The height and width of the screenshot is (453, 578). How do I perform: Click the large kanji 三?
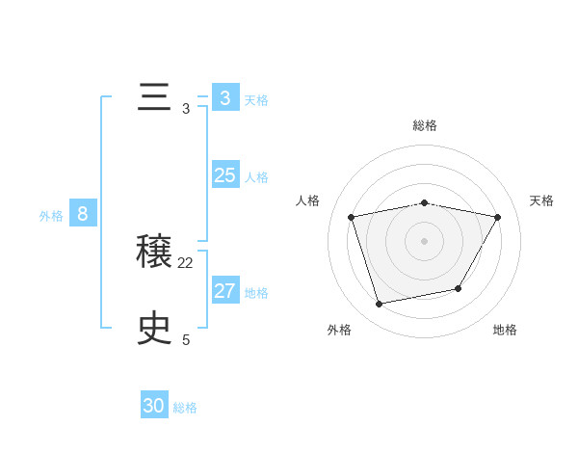tap(155, 98)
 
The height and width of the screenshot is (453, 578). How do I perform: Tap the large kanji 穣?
tap(155, 253)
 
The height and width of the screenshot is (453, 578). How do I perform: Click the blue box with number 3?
tap(224, 98)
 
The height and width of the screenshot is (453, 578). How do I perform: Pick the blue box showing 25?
tap(224, 175)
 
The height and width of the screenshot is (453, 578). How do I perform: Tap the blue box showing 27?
tap(224, 291)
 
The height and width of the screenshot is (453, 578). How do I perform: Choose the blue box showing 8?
tap(83, 214)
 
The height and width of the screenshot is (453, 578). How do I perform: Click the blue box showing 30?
tap(154, 406)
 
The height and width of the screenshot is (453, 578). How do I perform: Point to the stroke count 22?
tap(186, 262)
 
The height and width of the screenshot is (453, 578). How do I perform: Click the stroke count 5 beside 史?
tap(186, 339)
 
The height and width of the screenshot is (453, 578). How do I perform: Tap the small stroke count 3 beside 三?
tap(186, 108)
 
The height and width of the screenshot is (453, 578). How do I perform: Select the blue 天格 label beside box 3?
tap(256, 100)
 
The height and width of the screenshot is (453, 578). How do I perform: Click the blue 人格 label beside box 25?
tap(256, 177)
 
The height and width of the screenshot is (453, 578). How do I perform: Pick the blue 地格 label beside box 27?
tap(256, 293)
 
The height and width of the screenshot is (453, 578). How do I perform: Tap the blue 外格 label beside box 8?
tap(51, 216)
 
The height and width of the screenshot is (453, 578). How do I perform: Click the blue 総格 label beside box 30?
tap(185, 408)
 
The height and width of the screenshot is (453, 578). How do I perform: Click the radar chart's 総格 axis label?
tap(425, 125)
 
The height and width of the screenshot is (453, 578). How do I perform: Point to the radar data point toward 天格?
tap(497, 217)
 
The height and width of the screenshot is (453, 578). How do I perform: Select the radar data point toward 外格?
tap(380, 304)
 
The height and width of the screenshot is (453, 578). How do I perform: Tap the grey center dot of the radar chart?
tap(425, 240)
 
